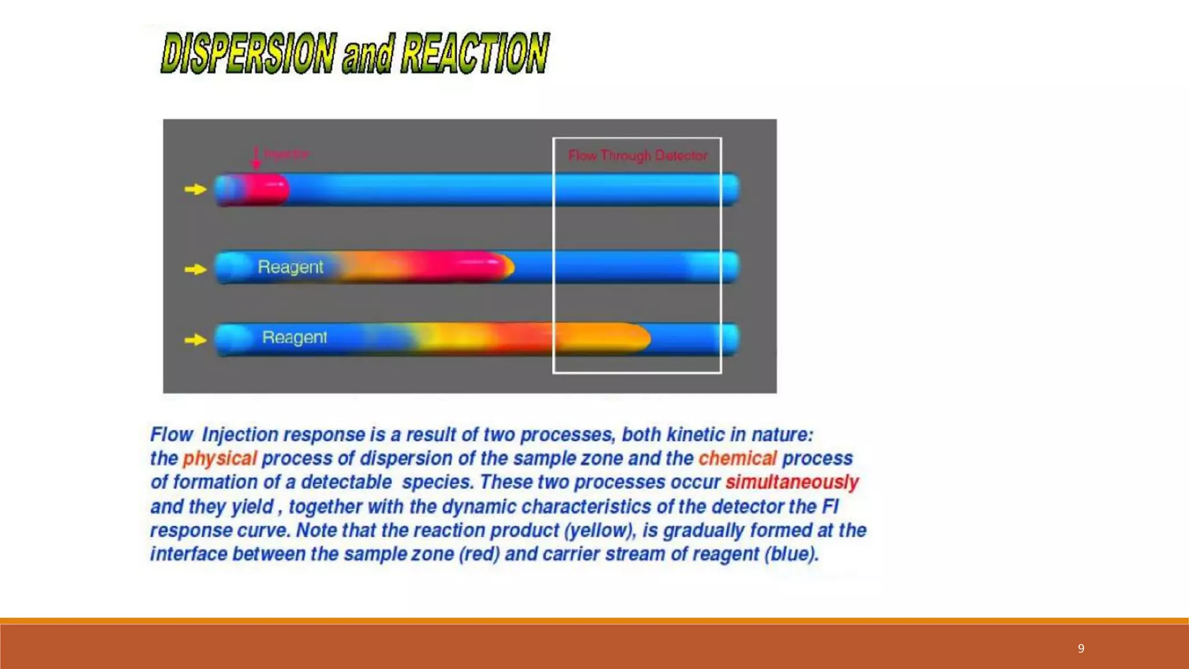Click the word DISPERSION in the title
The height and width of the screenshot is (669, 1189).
[248, 53]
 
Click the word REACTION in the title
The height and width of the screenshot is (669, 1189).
[475, 53]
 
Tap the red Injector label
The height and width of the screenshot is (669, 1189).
[287, 154]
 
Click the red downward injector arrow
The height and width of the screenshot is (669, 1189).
[255, 157]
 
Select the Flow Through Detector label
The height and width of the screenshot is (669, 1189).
[637, 156]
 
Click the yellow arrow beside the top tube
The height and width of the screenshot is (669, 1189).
[196, 189]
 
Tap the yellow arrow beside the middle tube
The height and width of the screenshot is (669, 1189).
[196, 269]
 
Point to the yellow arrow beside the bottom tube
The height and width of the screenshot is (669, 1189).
[196, 340]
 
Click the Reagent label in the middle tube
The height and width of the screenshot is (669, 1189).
[290, 267]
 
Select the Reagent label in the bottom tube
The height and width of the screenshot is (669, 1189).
[294, 337]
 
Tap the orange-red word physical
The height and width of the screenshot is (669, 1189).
[219, 459]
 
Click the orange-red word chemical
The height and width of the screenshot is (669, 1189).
[737, 459]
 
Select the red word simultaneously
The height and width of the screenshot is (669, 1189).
[792, 483]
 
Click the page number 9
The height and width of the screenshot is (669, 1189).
[1081, 649]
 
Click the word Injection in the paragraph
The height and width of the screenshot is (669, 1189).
[240, 435]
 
